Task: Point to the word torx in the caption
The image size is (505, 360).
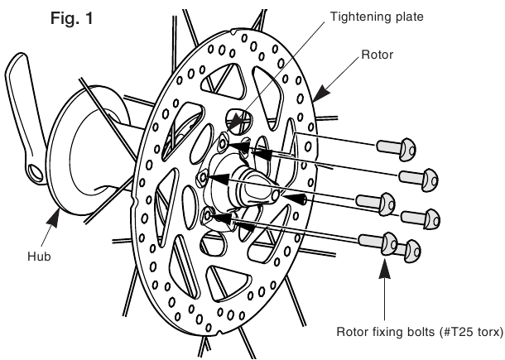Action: pos(484,332)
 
